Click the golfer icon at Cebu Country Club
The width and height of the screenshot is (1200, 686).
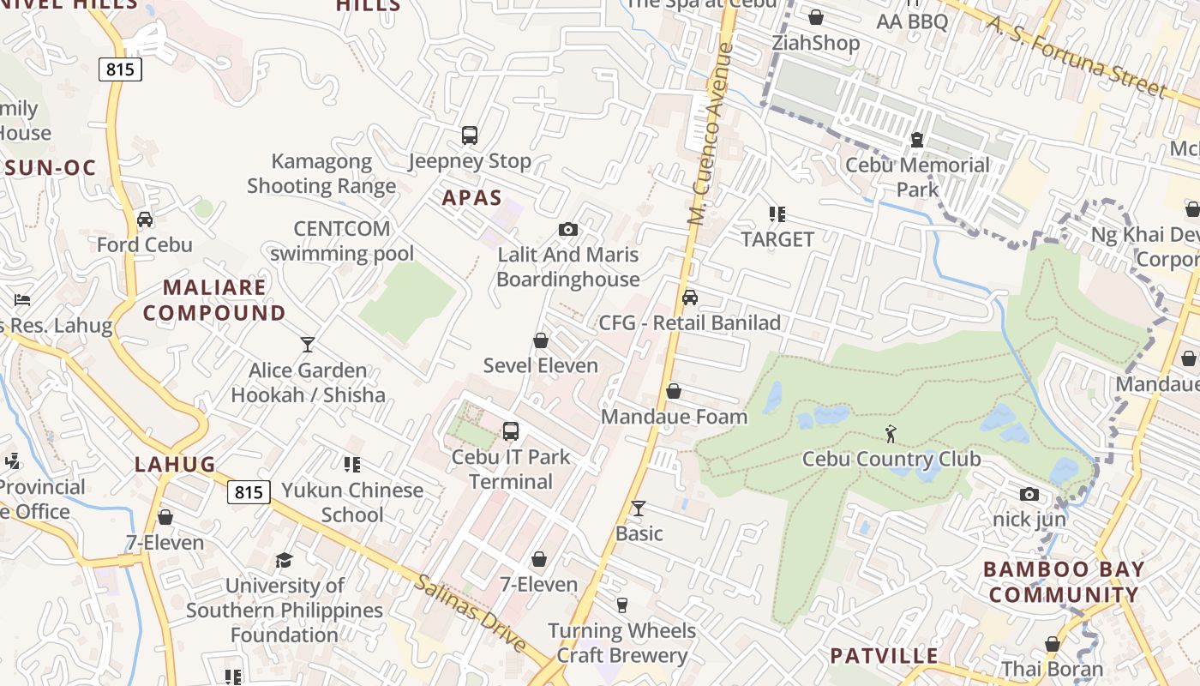coord(891,433)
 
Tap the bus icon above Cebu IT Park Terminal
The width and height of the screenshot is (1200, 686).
coord(511,431)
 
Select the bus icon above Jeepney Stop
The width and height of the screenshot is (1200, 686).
coord(469,135)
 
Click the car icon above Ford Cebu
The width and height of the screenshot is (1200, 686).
coord(145,220)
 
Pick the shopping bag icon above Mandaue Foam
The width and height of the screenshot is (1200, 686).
coord(674,392)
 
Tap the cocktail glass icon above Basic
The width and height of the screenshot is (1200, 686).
coord(639,508)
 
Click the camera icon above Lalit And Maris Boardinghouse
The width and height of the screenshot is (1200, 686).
coord(567,229)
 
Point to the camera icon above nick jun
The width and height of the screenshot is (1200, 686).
coord(1029,494)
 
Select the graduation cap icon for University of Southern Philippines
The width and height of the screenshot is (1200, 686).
coord(284,561)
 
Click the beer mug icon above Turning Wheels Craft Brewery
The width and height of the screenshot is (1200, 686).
coord(622,605)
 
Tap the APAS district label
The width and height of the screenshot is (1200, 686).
coord(471,198)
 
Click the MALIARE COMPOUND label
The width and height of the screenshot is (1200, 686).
coord(214,300)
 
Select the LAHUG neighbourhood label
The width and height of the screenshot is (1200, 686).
coord(175,465)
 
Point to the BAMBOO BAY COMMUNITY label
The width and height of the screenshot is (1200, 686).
coord(1064,581)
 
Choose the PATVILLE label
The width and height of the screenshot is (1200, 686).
coord(884,656)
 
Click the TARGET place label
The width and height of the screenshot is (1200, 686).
coord(777,239)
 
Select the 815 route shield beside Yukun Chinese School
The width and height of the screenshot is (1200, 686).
coord(249,492)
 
